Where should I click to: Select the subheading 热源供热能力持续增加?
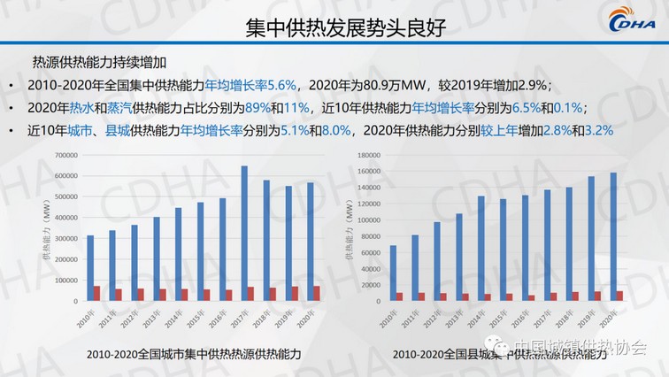(x=100, y=63)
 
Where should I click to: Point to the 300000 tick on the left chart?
(x=65, y=238)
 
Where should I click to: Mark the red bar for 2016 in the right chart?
(x=530, y=297)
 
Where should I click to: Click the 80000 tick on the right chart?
(x=370, y=236)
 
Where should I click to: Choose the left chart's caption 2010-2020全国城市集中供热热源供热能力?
(x=194, y=353)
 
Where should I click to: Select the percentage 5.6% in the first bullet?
(x=281, y=85)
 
